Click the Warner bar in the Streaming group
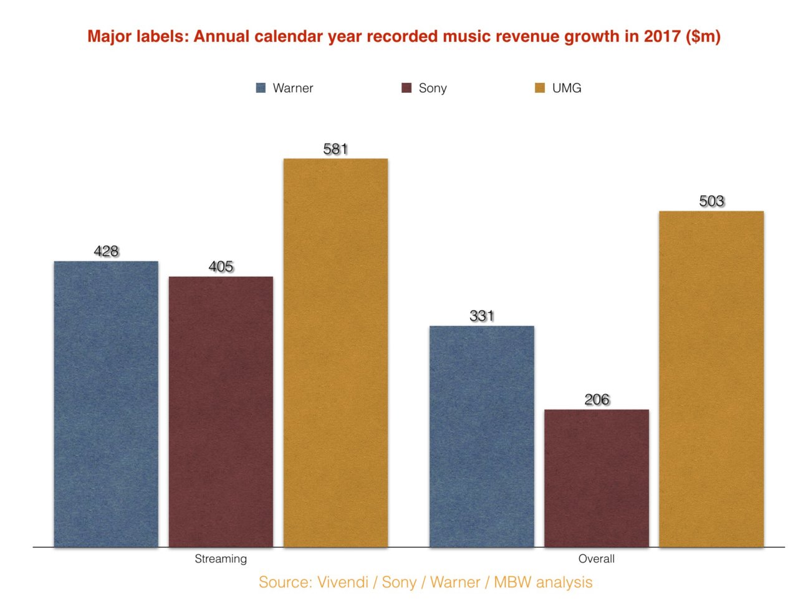[106, 404]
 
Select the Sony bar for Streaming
[221, 411]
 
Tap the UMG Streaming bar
[335, 353]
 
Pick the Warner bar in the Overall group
[482, 436]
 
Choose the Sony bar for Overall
[597, 478]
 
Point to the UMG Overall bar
[711, 379]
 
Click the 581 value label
[335, 149]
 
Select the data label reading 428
[106, 251]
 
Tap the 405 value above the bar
[221, 267]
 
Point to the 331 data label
[482, 316]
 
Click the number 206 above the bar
[597, 400]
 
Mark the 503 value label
[711, 201]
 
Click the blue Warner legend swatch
[261, 88]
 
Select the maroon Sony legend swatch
[406, 88]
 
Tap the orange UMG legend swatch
[540, 88]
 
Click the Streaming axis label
[221, 559]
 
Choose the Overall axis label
[597, 559]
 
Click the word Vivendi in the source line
[343, 582]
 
